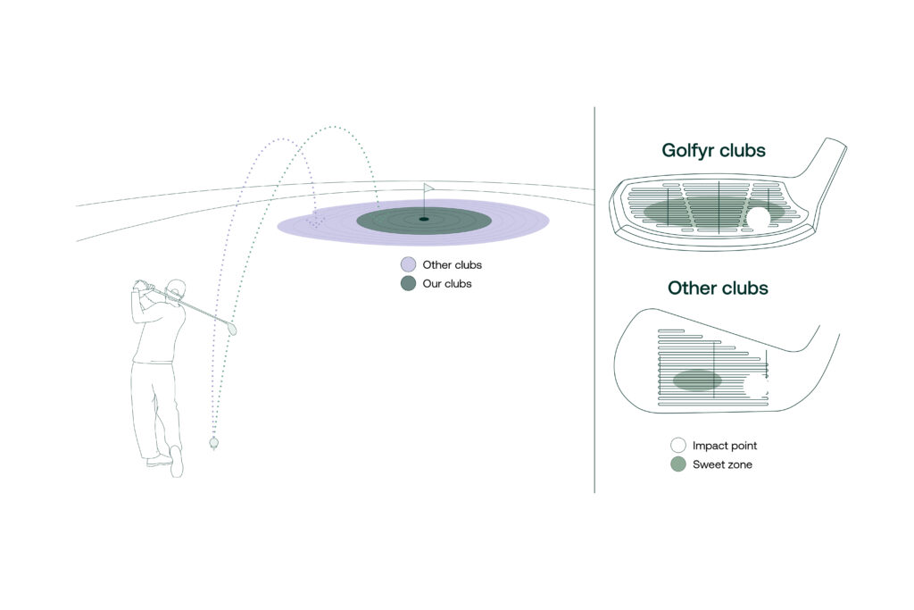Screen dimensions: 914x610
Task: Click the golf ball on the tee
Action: coord(214,443)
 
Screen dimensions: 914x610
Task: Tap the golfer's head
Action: coord(176,290)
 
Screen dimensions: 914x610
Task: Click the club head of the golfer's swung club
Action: coord(232,328)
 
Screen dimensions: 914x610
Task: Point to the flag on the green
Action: coord(428,188)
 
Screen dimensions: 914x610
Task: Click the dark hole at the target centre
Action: coord(424,220)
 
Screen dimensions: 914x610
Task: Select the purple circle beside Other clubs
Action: coord(409,264)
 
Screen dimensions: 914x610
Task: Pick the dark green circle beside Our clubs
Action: coord(409,283)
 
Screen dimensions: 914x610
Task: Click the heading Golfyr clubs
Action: coord(713,150)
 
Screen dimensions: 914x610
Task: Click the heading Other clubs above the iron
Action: coord(718,288)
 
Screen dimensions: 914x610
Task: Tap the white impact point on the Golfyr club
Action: coord(759,216)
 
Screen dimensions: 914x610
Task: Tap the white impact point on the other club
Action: coord(757,385)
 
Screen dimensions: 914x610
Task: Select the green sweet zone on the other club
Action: coord(697,380)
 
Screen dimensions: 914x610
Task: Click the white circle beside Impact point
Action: coord(678,446)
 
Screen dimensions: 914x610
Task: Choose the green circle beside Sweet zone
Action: coord(678,464)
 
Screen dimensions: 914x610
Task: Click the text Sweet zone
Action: coord(722,464)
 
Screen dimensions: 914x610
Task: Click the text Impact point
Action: coord(725,447)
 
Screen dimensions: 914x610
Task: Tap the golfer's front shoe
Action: coord(176,461)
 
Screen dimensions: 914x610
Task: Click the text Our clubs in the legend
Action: coord(447,284)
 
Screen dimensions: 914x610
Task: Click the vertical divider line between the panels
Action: coord(594,300)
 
